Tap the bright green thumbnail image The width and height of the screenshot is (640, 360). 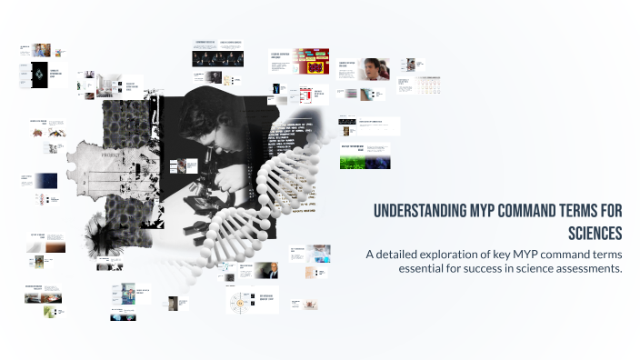(365, 161)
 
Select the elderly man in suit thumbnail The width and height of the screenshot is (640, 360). (270, 270)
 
